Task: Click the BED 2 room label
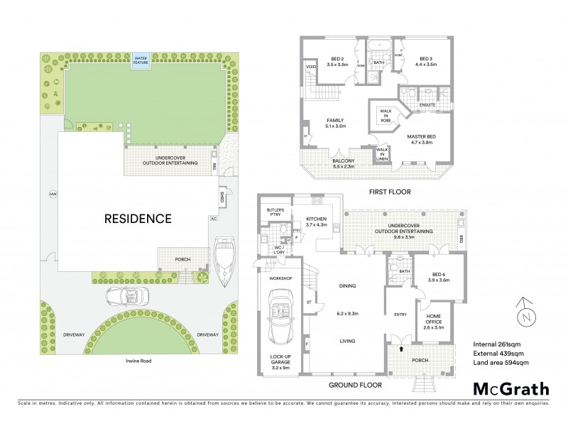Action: (338, 61)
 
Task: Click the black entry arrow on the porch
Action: (403, 349)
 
